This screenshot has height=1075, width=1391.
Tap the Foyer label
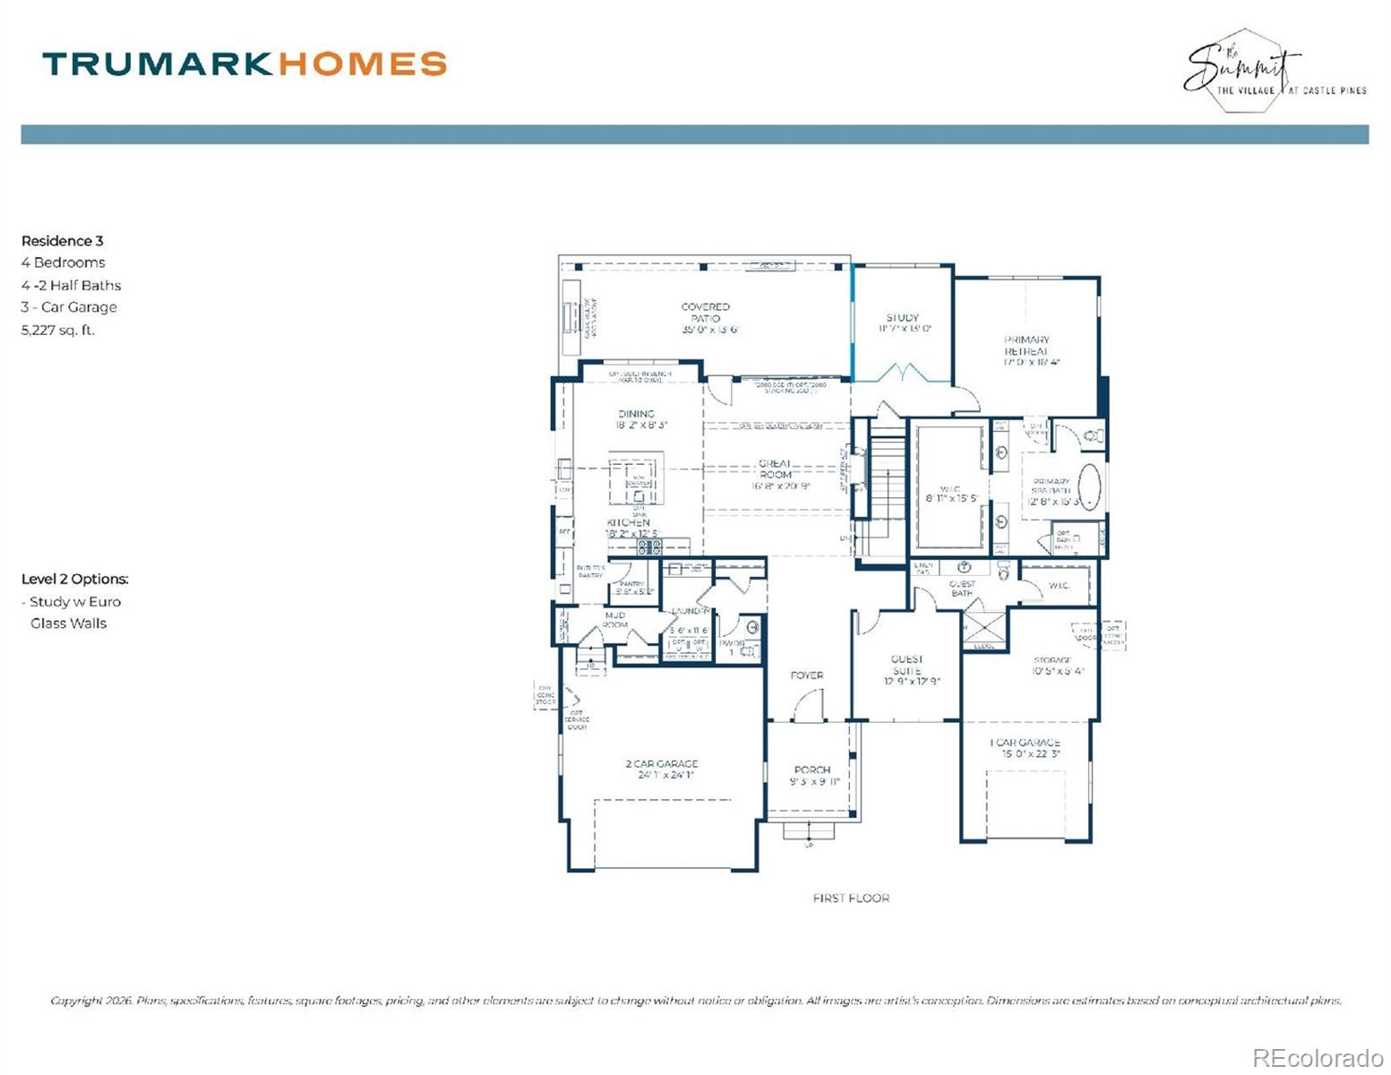point(806,675)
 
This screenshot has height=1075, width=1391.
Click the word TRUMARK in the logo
point(157,64)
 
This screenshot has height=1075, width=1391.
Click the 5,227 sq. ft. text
point(58,330)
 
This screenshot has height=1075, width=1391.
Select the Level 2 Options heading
point(75,579)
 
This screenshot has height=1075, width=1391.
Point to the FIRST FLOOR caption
point(850,898)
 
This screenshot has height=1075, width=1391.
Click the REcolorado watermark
point(1316,1057)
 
